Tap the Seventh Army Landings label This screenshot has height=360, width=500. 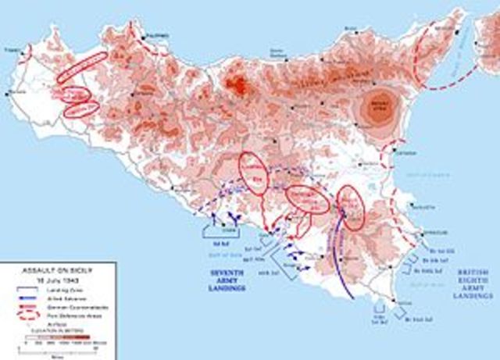point(223,279)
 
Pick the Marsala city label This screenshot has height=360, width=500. point(10,94)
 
